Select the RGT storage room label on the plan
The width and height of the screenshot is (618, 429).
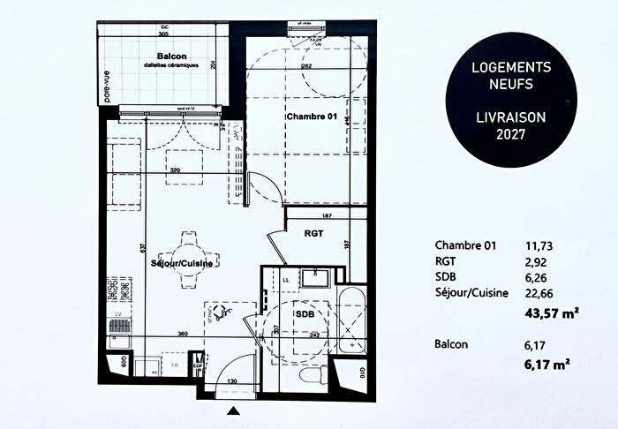point(315,235)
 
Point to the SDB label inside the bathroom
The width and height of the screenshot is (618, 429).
point(305,312)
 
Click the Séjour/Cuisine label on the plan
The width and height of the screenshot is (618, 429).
point(185,263)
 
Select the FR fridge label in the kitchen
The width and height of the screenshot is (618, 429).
point(175,363)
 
